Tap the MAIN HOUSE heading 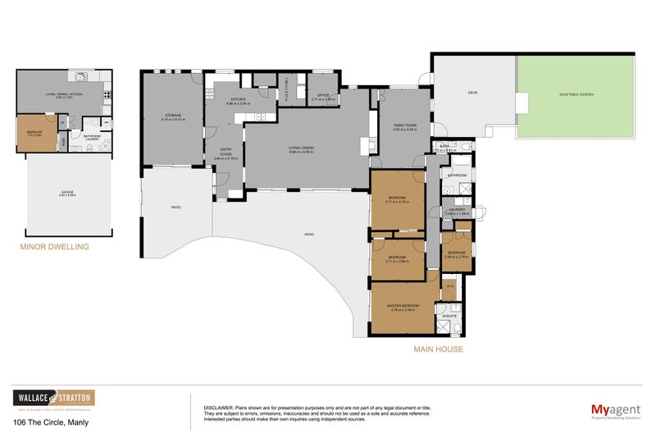point(438,348)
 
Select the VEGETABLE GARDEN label point(576,95)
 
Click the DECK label point(472,93)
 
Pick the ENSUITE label point(449,316)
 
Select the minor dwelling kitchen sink point(82,79)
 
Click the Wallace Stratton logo point(52,398)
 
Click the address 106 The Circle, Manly point(51,422)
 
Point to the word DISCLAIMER point(218,407)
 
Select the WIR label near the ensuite point(449,286)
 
